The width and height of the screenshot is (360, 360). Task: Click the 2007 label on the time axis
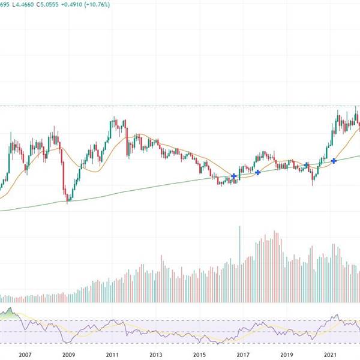(x=25, y=355)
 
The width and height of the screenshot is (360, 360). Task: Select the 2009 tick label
(x=68, y=355)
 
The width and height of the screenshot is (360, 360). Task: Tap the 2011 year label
(x=112, y=355)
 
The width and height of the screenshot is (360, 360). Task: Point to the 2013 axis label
(x=155, y=355)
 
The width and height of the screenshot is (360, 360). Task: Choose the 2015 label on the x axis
(x=199, y=355)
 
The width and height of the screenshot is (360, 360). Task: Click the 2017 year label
(x=243, y=355)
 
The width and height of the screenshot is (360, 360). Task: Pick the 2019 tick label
(x=287, y=355)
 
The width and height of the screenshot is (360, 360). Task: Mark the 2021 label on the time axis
(x=331, y=355)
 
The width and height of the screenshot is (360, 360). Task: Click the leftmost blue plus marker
(x=234, y=175)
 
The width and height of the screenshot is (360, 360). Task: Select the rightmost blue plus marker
(x=334, y=160)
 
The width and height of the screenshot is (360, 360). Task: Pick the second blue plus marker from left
(x=258, y=172)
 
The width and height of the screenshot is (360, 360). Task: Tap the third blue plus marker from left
(x=306, y=164)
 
